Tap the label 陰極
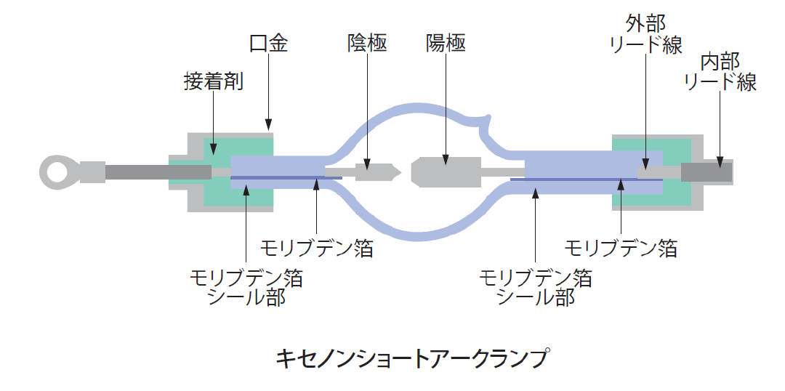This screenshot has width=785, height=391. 367,44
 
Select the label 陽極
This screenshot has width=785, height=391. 446,44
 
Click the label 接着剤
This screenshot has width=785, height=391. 213,81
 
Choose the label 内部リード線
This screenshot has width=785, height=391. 720,71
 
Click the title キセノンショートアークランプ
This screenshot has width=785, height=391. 412,358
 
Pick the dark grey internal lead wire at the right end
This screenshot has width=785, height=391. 706,172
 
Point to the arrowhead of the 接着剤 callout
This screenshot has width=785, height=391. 213,150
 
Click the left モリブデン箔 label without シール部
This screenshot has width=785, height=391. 318,249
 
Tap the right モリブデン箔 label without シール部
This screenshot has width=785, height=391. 621,249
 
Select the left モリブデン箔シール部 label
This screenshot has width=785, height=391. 246,287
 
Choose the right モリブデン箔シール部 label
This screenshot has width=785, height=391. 536,287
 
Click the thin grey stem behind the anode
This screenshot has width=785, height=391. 502,172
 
